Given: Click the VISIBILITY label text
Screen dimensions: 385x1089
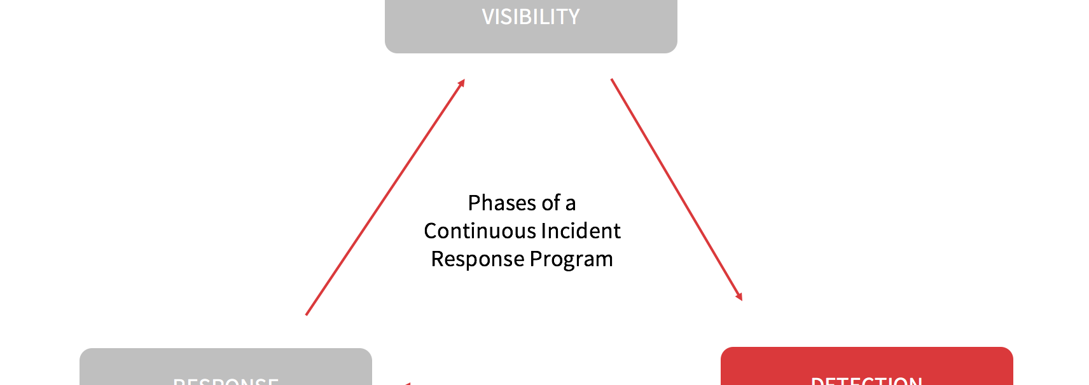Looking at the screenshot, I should pyautogui.click(x=531, y=17).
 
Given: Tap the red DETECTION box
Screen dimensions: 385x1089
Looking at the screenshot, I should pyautogui.click(x=866, y=367).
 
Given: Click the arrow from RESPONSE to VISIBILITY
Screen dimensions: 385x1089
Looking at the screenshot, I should pyautogui.click(x=385, y=197).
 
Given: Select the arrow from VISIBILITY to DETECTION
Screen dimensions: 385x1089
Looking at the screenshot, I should pyautogui.click(x=676, y=189).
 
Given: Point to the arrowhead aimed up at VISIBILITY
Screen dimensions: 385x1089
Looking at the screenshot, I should pyautogui.click(x=462, y=83).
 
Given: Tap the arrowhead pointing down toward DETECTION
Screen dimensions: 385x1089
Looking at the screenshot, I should pyautogui.click(x=740, y=297).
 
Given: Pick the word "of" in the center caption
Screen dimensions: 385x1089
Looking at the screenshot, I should pyautogui.click(x=551, y=203).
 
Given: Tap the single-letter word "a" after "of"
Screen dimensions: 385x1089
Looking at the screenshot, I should pyautogui.click(x=571, y=205).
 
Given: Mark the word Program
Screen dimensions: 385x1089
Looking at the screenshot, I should pyautogui.click(x=571, y=260).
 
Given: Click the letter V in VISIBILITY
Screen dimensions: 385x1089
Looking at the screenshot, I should pyautogui.click(x=488, y=17).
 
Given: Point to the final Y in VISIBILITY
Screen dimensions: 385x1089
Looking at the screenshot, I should pyautogui.click(x=574, y=17).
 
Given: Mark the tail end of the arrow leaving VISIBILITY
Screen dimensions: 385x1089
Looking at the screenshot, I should pyautogui.click(x=612, y=80).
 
